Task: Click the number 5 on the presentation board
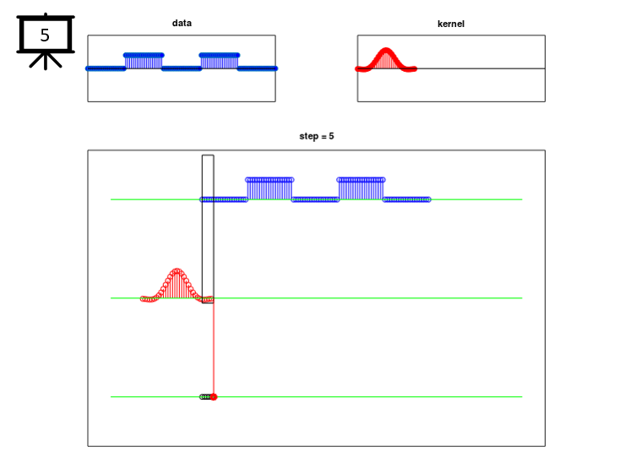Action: coord(45,35)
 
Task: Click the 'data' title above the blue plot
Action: coord(182,23)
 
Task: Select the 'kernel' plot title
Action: coord(451,24)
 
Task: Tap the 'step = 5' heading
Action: coord(317,136)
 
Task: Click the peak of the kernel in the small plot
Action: coord(386,50)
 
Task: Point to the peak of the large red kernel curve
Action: coord(177,270)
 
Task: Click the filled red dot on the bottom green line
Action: coord(214,397)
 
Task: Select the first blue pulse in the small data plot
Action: coord(144,61)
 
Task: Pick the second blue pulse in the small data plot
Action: coord(220,61)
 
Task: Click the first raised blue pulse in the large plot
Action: coord(269,189)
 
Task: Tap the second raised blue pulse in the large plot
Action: coord(361,189)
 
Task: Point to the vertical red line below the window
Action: coord(214,350)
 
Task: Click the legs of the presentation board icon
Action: coord(46,60)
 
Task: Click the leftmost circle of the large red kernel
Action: coord(143,299)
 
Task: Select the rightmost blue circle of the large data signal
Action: coord(428,199)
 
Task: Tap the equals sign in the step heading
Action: coord(323,137)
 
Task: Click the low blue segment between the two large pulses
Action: coord(315,199)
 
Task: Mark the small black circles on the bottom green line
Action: coord(205,397)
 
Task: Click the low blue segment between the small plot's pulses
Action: coord(182,68)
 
